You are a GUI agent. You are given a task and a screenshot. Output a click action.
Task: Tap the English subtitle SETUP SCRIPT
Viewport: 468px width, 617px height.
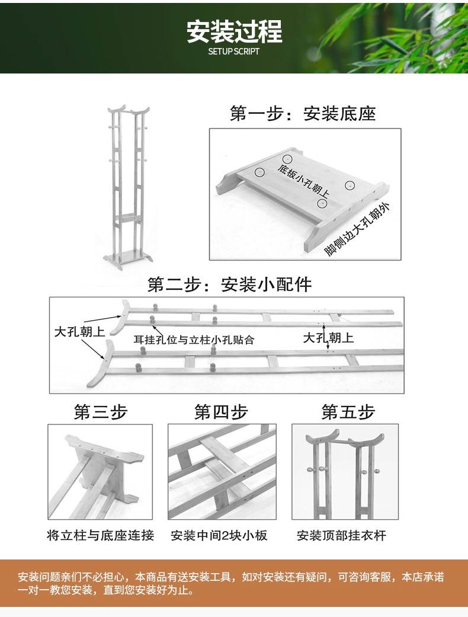pyautogui.click(x=234, y=52)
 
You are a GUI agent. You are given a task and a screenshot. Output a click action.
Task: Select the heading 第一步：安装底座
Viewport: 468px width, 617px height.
pyautogui.click(x=303, y=114)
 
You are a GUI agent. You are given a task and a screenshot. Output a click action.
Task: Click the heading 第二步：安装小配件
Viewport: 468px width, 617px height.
pyautogui.click(x=229, y=285)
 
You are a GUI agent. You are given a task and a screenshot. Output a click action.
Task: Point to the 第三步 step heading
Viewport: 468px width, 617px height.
pyautogui.click(x=100, y=412)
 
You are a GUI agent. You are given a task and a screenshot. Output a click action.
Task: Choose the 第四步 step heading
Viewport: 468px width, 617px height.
pyautogui.click(x=221, y=412)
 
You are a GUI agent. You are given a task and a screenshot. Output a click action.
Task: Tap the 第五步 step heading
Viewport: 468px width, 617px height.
pyautogui.click(x=348, y=412)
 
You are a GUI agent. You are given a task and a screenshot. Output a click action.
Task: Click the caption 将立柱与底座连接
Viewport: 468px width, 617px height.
pyautogui.click(x=100, y=536)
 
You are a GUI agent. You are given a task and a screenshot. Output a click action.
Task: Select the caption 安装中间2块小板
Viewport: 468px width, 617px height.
pyautogui.click(x=219, y=536)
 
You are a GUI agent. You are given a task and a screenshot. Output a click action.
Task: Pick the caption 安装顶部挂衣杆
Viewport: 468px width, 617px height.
pyautogui.click(x=341, y=536)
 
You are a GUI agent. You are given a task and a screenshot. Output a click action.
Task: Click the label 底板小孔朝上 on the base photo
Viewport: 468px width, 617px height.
pyautogui.click(x=304, y=181)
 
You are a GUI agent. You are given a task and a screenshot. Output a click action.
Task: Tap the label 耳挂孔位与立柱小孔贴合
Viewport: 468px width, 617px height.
pyautogui.click(x=194, y=340)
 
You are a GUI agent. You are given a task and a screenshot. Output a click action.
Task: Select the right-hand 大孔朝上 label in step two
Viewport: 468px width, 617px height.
pyautogui.click(x=328, y=338)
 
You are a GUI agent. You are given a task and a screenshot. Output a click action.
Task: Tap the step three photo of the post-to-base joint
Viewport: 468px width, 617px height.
pyautogui.click(x=100, y=471)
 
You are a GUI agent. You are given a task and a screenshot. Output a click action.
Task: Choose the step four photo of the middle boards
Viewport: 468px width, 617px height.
pyautogui.click(x=222, y=471)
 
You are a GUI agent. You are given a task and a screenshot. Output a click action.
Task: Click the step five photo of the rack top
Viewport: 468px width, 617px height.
pyautogui.click(x=345, y=471)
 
